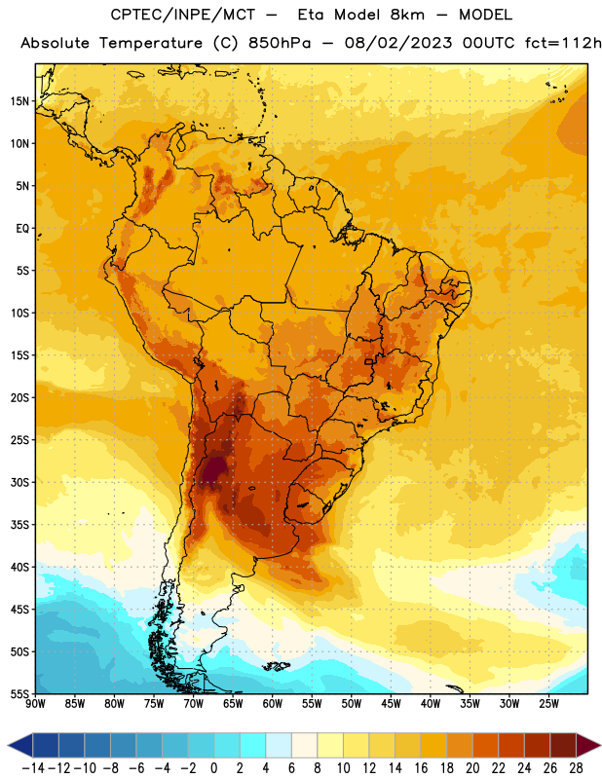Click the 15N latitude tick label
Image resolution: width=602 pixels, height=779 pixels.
point(19,101)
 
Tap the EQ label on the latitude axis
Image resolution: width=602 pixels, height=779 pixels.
point(22,229)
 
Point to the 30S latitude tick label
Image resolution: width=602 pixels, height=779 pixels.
point(19,482)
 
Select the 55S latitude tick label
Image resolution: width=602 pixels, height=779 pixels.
point(19,694)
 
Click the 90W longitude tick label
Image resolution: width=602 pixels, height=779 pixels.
point(35,704)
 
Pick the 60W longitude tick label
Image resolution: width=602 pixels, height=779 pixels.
point(273,704)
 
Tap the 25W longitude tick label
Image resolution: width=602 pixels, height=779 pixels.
point(548,704)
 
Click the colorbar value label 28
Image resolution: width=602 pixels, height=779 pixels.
point(576,768)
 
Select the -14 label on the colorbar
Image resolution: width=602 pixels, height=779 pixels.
point(33,768)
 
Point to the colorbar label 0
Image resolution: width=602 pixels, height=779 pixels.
point(213,768)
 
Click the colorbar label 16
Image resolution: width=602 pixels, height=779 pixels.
point(421,768)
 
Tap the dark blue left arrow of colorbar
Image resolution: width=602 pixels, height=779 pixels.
point(20,745)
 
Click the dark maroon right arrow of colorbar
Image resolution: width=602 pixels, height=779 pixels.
point(588,745)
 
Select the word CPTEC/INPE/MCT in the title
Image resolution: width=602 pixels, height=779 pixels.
point(183,15)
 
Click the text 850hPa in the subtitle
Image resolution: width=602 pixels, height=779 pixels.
point(280,43)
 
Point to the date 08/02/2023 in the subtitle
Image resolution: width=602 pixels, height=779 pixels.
point(398,43)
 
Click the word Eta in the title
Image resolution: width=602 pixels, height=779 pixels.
point(311,15)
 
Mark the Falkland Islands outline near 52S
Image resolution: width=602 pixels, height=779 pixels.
point(277,666)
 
